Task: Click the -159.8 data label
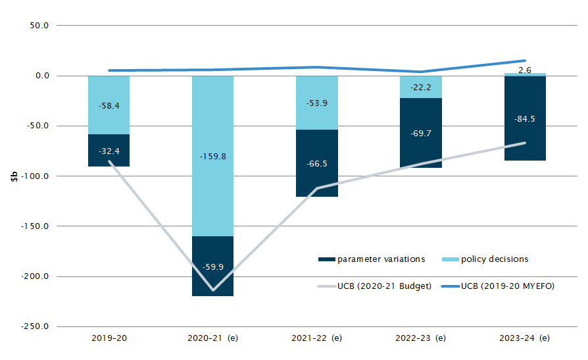coord(213,157)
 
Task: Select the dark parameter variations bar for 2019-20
coord(109,151)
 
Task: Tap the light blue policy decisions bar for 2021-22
coord(317,103)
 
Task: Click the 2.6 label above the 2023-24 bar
coord(525,70)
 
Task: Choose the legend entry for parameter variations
coord(372,259)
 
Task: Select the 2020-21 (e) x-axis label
coord(213,338)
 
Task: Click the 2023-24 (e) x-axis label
coord(524,338)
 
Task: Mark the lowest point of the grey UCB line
coord(213,290)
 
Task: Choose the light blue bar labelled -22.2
coord(421,87)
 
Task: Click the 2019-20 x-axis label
coord(109,338)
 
